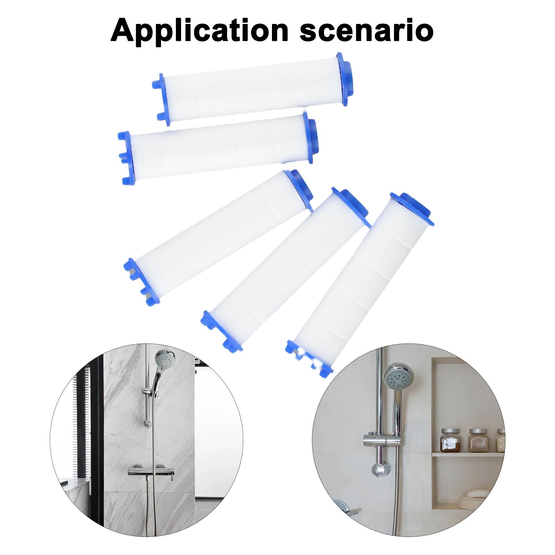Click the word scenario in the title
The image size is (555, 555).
tap(367, 31)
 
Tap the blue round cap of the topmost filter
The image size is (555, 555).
tap(344, 79)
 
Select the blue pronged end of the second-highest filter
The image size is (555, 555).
tap(127, 158)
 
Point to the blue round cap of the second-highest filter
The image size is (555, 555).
tap(311, 137)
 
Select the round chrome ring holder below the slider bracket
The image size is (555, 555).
tap(379, 470)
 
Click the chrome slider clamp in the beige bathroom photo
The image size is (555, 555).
tap(382, 439)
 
